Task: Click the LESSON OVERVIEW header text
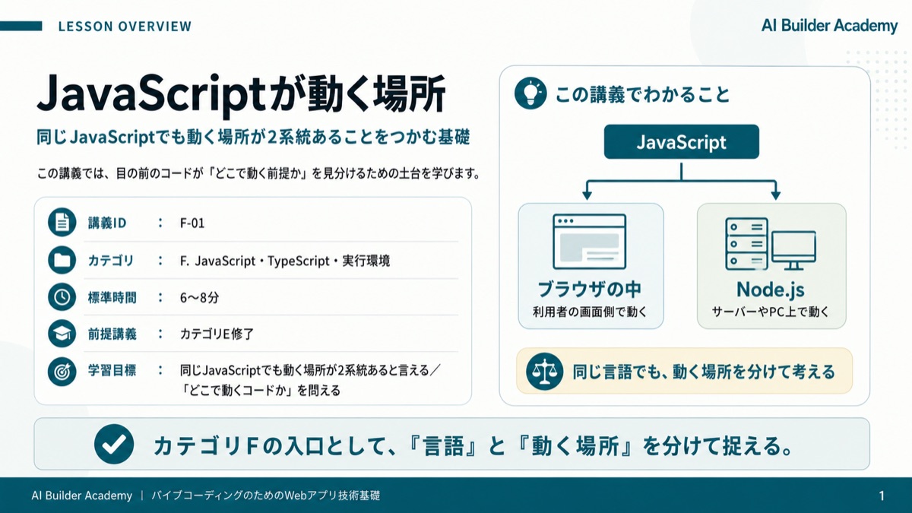point(125,27)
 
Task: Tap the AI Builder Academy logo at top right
point(829,26)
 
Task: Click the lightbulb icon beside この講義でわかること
point(530,93)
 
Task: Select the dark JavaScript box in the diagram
point(681,141)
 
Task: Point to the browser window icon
point(589,242)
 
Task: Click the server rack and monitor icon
point(771,244)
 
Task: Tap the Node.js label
point(771,290)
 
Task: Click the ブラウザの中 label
point(589,289)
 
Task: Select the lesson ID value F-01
point(192,223)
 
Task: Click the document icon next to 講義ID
point(62,222)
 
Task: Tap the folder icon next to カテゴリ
point(62,260)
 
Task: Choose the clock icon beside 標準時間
point(62,297)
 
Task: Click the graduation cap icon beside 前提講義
point(62,334)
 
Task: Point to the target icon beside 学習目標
point(62,372)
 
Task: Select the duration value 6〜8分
point(199,298)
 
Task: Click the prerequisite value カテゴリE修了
point(217,334)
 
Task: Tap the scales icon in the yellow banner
point(544,372)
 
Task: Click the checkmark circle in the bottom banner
point(114,444)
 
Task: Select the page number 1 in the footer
point(882,496)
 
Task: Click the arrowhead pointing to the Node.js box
point(776,195)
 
